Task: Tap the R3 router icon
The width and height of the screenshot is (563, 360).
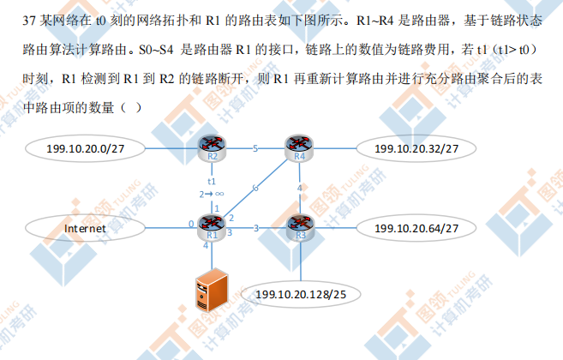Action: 299,228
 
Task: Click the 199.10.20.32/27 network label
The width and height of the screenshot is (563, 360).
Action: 416,149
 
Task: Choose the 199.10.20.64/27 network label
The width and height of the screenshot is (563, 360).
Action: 416,229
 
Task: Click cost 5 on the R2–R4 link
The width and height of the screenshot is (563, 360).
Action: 255,149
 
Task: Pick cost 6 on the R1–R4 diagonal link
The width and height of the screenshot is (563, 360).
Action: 255,187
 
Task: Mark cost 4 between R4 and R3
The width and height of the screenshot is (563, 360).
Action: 299,188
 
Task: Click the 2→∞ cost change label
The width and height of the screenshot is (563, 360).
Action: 212,195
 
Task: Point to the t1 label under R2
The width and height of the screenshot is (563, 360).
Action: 211,181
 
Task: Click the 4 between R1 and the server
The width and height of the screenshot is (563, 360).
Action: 206,247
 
